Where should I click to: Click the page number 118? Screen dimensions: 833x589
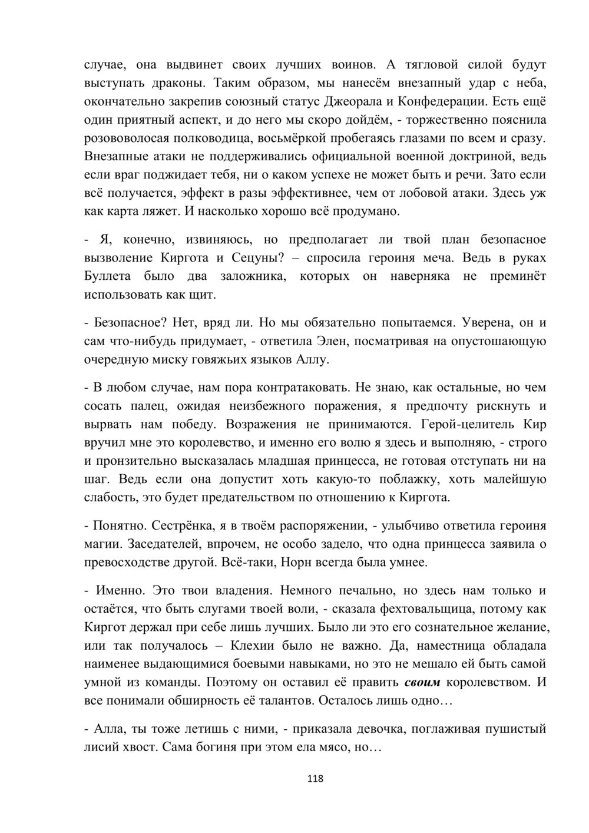point(315,779)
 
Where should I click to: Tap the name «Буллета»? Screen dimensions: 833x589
point(108,276)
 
